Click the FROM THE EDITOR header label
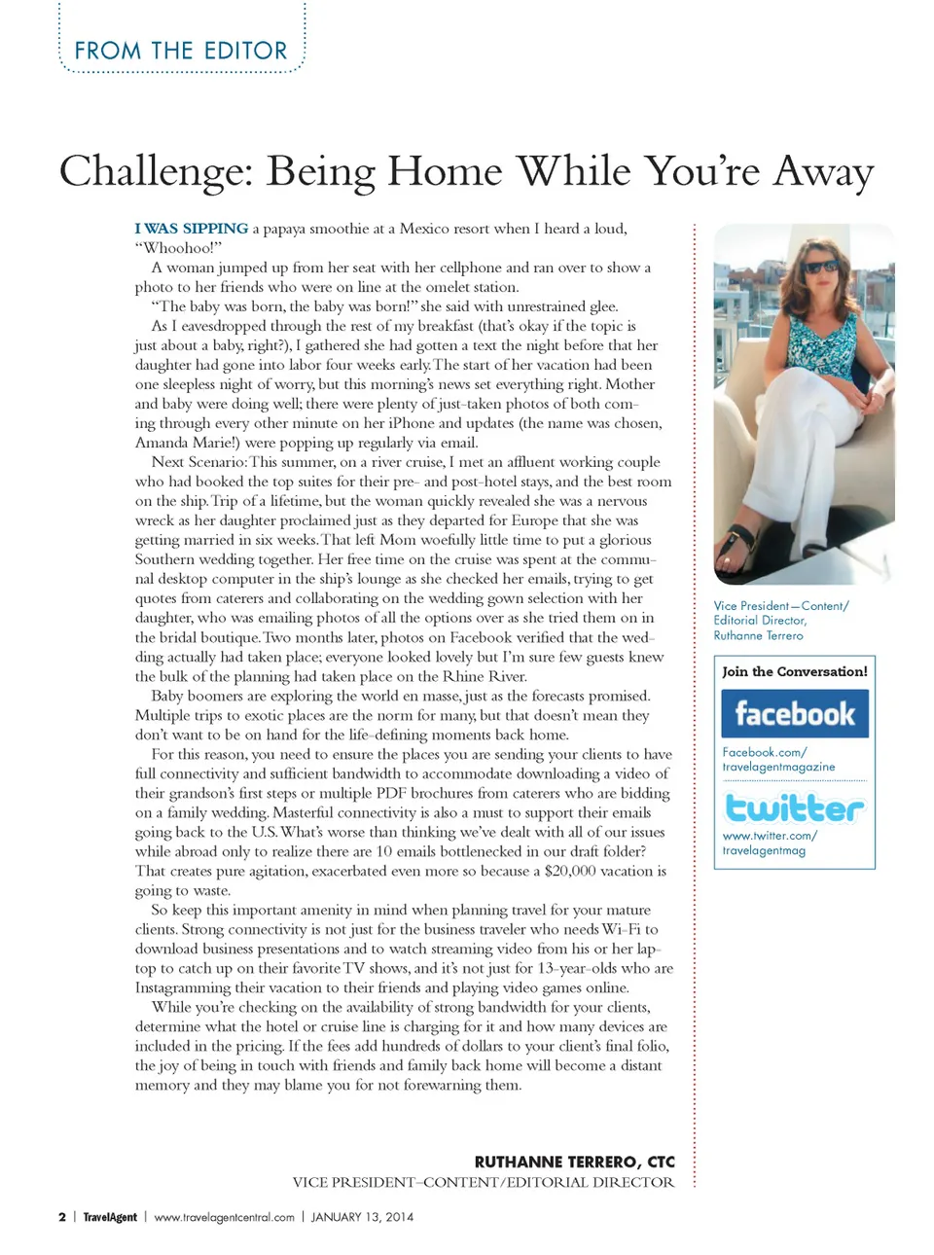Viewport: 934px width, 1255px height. (181, 51)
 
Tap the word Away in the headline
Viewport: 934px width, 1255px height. (823, 171)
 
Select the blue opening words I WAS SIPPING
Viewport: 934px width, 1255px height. (192, 229)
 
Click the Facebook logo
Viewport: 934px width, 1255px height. (795, 714)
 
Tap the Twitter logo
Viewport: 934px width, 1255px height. (795, 808)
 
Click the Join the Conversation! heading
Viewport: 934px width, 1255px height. (795, 671)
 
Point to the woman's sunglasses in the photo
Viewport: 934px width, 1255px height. (820, 266)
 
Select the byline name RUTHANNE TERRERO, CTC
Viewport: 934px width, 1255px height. (574, 1162)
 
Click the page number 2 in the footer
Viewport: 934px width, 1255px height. (62, 1217)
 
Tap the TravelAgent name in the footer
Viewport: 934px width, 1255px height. (110, 1217)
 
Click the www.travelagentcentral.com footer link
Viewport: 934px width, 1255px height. (224, 1217)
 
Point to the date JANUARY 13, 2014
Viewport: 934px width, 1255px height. (362, 1217)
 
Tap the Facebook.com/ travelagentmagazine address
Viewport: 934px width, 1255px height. (778, 760)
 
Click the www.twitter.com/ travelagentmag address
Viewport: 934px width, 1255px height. (769, 843)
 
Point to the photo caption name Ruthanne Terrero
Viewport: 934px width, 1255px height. (759, 635)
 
